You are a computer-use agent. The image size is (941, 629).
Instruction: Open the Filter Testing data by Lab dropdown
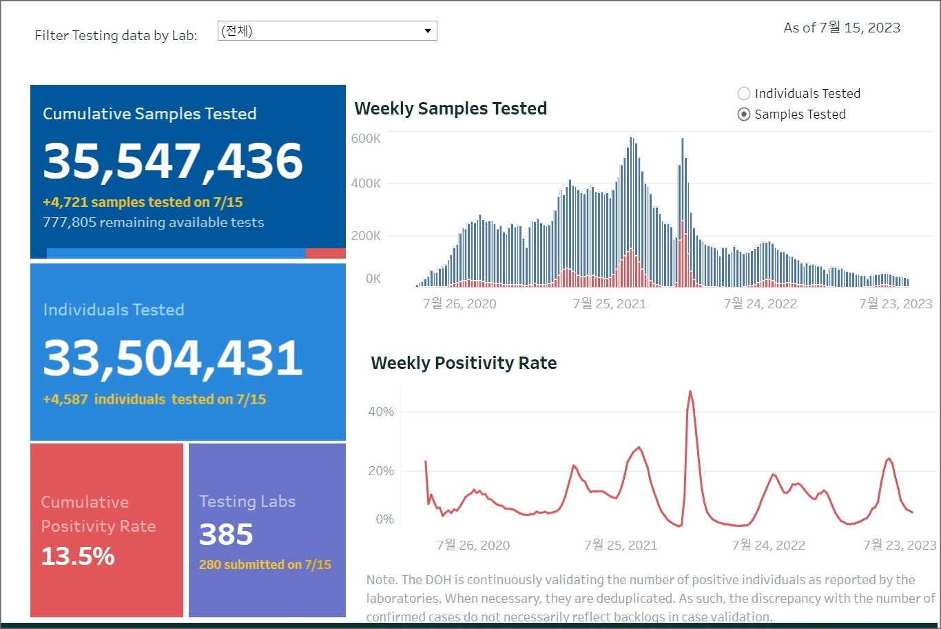coord(327,31)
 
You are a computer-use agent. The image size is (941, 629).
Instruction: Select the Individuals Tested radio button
coord(744,94)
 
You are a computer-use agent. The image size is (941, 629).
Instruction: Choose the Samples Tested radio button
coord(744,114)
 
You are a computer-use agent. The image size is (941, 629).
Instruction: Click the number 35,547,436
coord(173,161)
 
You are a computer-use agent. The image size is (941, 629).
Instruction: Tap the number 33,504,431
coord(173,358)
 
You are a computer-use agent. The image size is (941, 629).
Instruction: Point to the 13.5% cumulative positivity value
coord(78,556)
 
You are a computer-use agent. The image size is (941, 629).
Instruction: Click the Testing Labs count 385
coord(226,535)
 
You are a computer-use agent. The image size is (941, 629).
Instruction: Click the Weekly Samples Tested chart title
coord(451,109)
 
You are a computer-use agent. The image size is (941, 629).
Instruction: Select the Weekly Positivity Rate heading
coord(464,363)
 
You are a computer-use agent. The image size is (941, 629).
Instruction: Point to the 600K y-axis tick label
coord(366,139)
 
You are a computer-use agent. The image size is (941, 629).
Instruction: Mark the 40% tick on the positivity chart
coord(381,412)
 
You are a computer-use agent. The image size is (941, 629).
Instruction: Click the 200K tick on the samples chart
coord(366,236)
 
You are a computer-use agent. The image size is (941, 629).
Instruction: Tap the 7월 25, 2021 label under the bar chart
coord(609,304)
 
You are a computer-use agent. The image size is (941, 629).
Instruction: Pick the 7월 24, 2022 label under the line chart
coord(768,546)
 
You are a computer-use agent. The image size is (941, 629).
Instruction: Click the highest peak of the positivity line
coord(690,392)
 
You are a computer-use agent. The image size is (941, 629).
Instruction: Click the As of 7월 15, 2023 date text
coord(842,28)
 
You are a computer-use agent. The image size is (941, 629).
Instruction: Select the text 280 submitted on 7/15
coord(265,565)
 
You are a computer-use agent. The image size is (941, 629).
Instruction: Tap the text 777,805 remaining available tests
coord(154,223)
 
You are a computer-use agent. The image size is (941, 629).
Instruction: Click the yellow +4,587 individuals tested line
coord(154,399)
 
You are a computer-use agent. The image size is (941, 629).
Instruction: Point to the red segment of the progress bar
coord(325,254)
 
